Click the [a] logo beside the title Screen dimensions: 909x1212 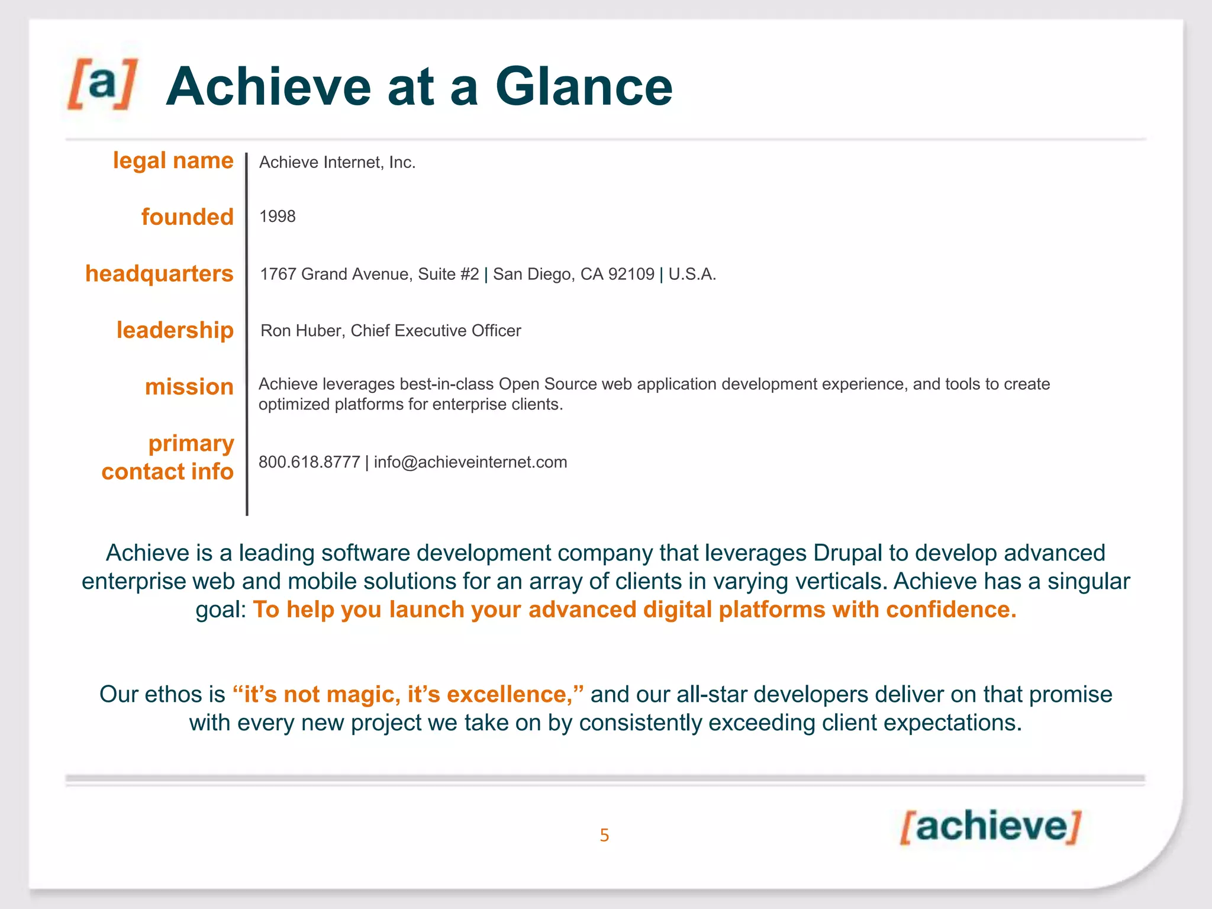coord(102,84)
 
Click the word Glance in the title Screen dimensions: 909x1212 coord(584,87)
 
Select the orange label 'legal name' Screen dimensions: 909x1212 coord(173,161)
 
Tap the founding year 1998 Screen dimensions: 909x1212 coord(277,217)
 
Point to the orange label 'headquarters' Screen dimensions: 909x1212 coord(159,274)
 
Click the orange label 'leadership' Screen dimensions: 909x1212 coord(175,330)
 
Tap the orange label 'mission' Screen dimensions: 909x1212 coord(189,387)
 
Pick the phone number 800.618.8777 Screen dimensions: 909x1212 coord(309,462)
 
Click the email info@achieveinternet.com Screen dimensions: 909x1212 coord(470,462)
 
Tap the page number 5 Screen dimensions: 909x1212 coord(604,835)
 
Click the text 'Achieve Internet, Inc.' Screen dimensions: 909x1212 coord(337,163)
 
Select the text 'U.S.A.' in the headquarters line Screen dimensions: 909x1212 coord(692,274)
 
